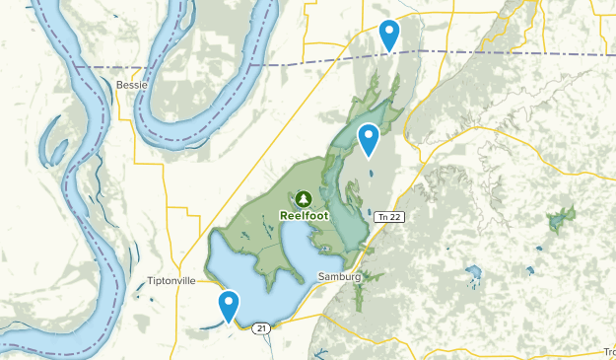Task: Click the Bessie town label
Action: coord(132,85)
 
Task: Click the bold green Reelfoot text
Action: coord(302,214)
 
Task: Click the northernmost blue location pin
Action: coord(390,36)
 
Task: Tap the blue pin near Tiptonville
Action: coord(229,306)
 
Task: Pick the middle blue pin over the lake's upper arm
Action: coord(369,140)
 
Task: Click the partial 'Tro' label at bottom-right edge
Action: coord(609,352)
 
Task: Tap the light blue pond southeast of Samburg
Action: coord(473,270)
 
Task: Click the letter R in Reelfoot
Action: coord(284,214)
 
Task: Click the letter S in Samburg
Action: coord(321,277)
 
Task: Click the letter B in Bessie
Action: coord(119,85)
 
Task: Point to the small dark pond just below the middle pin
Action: coord(371,175)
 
